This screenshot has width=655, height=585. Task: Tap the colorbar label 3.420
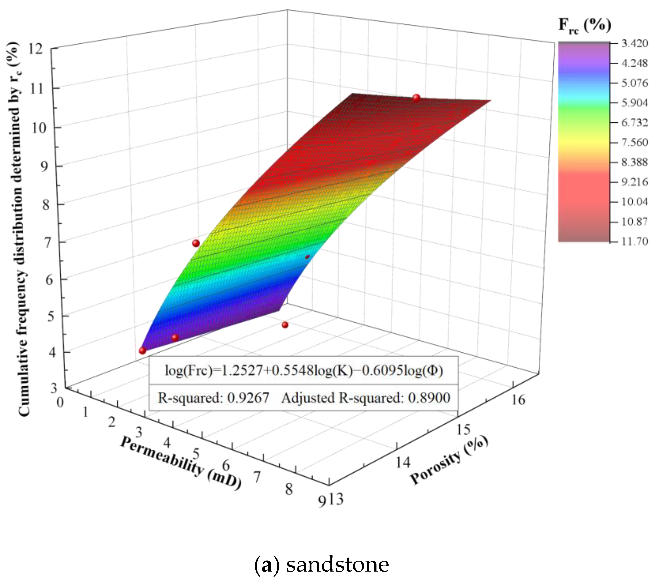coord(634,43)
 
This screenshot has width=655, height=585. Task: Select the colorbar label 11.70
coord(634,241)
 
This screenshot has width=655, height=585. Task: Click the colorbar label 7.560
coord(634,142)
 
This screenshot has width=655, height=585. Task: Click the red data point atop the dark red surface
coord(416,98)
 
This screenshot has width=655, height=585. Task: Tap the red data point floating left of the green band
coord(196,243)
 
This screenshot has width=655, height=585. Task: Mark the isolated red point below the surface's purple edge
coord(285,325)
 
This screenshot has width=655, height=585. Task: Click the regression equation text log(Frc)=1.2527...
coord(304,370)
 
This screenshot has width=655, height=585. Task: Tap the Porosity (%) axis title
coord(449,460)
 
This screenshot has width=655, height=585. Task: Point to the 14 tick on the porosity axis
coord(403,462)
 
